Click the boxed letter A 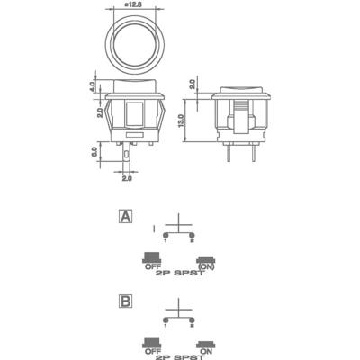[x=125, y=217]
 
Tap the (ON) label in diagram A [x=207, y=267]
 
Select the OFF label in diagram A [x=151, y=267]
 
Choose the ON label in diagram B [x=207, y=352]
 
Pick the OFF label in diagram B [x=151, y=352]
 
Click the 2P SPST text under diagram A [x=179, y=276]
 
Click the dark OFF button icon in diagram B [x=151, y=342]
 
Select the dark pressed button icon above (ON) [x=207, y=259]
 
